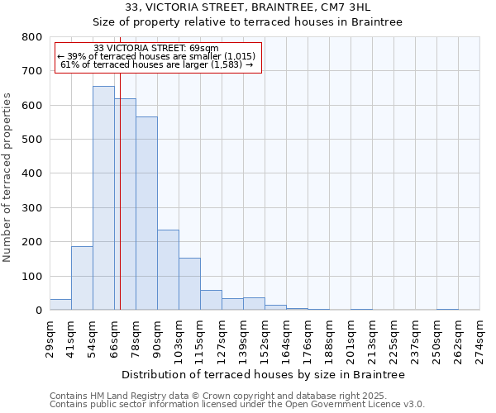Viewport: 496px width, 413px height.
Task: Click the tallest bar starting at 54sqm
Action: pos(103,198)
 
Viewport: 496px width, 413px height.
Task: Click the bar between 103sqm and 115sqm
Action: pos(189,284)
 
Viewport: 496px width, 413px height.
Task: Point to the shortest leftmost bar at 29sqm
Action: pos(60,305)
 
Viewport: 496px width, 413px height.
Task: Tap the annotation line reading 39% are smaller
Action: pos(156,56)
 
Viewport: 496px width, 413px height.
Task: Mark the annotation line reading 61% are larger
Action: pos(156,64)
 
